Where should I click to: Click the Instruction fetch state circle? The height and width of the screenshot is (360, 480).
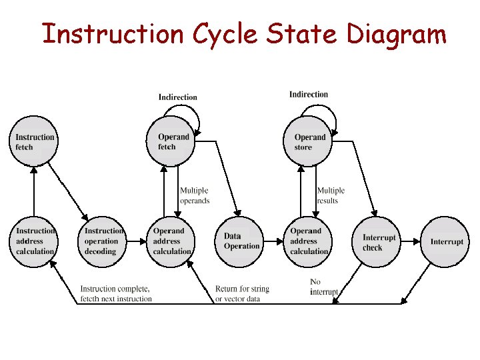pyautogui.click(x=35, y=142)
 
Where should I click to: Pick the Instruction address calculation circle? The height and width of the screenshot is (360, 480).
pyautogui.click(x=35, y=241)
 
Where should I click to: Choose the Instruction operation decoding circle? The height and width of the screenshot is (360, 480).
pyautogui.click(x=103, y=241)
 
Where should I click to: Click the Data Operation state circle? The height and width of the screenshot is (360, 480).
pyautogui.click(x=241, y=241)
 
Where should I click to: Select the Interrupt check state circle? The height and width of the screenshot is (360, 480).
pyautogui.click(x=378, y=243)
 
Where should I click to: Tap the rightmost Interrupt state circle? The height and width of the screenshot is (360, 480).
pyautogui.click(x=446, y=241)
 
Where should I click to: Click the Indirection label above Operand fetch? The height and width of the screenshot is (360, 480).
pyautogui.click(x=178, y=97)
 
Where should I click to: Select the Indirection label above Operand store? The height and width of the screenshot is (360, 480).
pyautogui.click(x=309, y=95)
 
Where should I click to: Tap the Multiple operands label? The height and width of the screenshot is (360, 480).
pyautogui.click(x=195, y=195)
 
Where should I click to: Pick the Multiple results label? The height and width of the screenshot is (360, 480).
pyautogui.click(x=331, y=195)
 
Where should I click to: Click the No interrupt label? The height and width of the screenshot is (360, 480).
pyautogui.click(x=324, y=287)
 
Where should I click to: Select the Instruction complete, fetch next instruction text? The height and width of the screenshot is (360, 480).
pyautogui.click(x=116, y=293)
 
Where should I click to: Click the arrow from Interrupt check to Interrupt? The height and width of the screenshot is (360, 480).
pyautogui.click(x=411, y=241)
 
